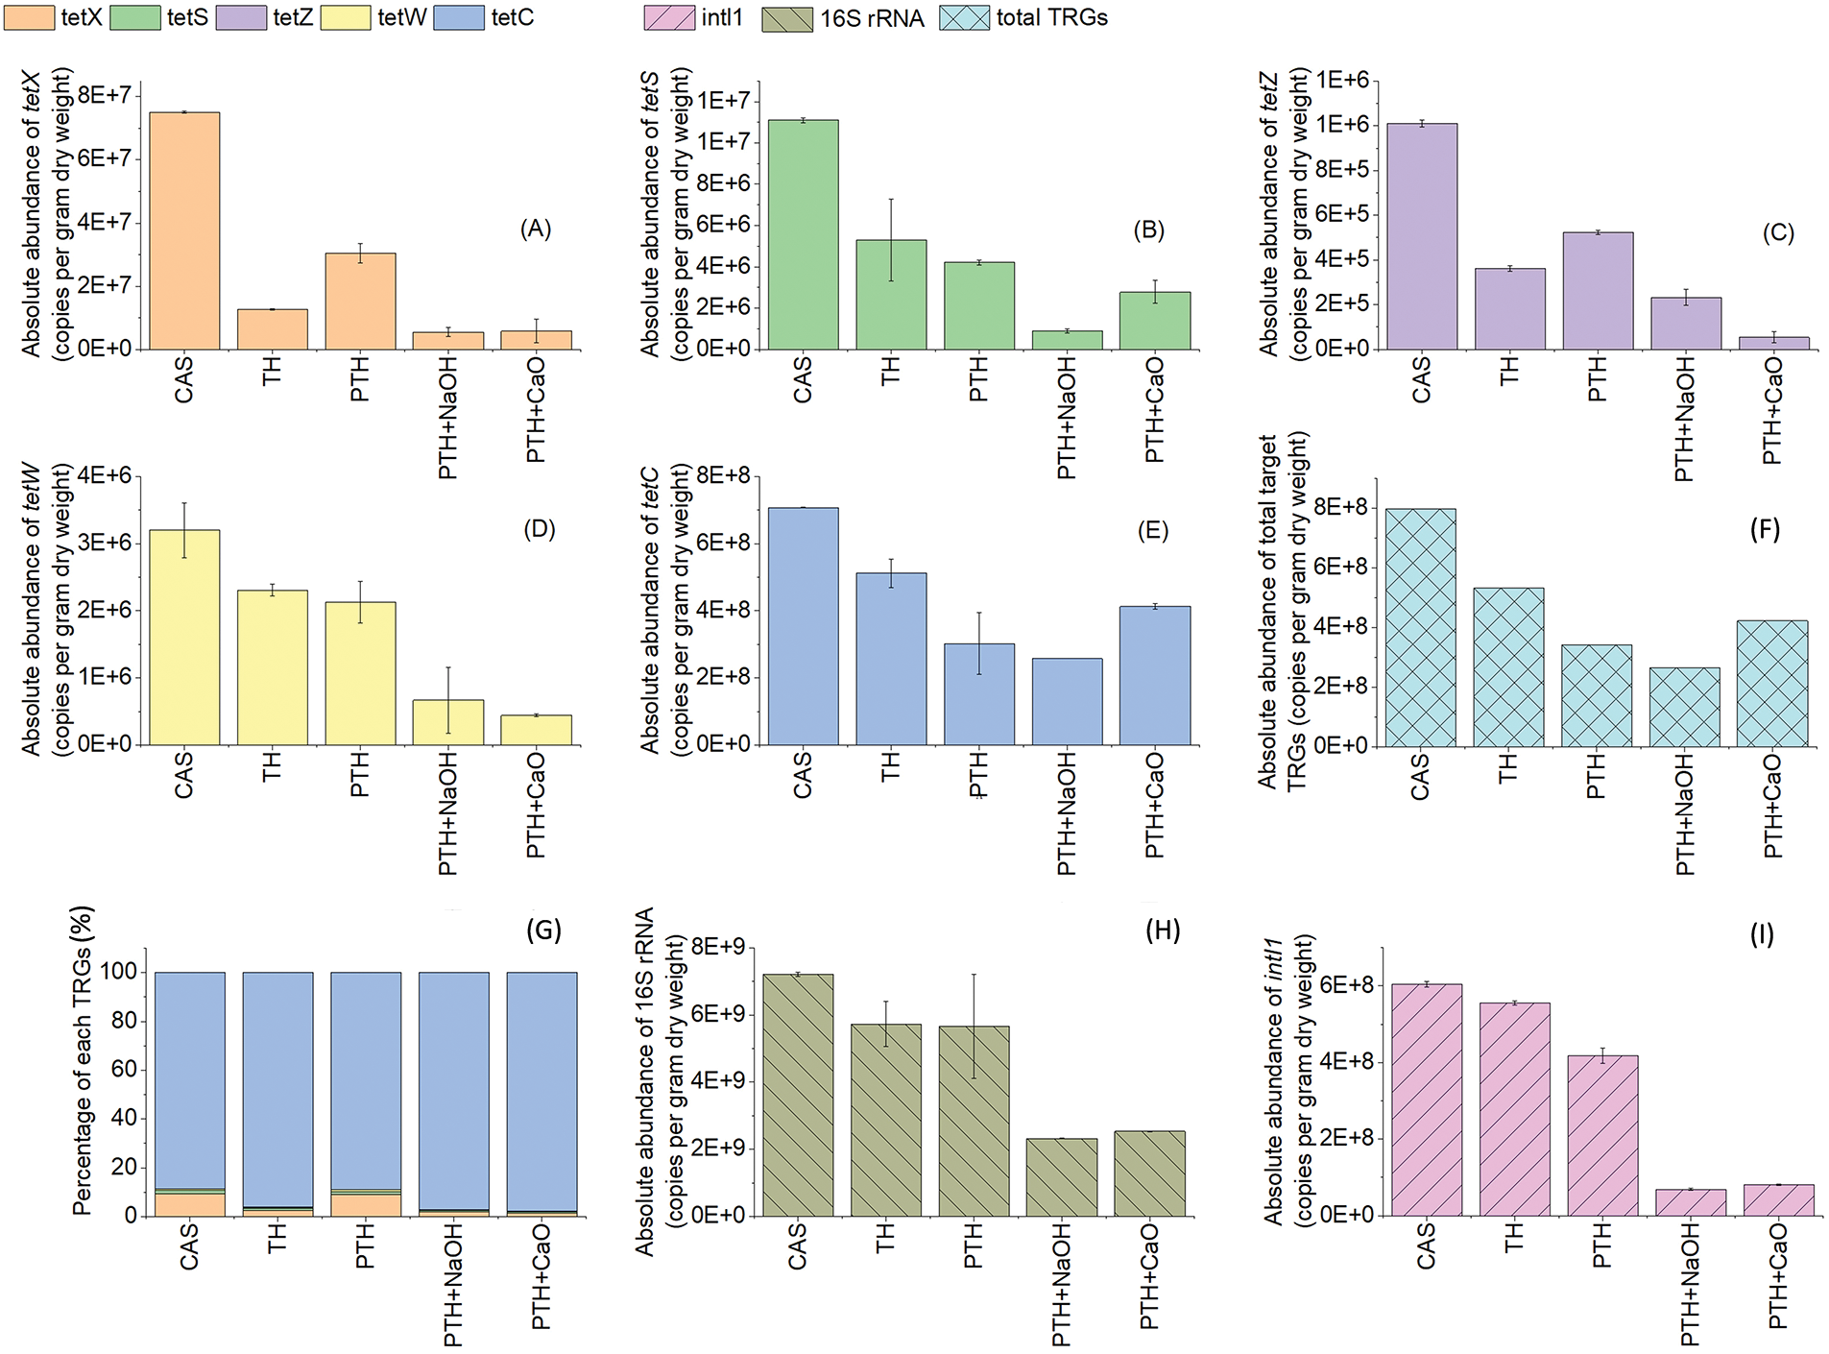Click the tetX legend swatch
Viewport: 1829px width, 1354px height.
[x=29, y=18]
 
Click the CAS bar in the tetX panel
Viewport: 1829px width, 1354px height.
[x=184, y=230]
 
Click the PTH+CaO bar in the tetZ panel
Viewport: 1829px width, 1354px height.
[x=1773, y=343]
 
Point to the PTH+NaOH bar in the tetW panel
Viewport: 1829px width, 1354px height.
[x=447, y=722]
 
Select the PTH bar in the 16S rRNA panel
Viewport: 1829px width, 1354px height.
[x=974, y=1121]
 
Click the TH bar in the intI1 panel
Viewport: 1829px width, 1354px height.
[x=1514, y=1109]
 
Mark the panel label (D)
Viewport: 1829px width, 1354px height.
[x=540, y=529]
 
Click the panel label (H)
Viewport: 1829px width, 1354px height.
[x=1162, y=930]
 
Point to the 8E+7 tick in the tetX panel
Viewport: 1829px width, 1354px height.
[x=104, y=94]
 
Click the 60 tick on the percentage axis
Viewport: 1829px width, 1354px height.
[x=124, y=1070]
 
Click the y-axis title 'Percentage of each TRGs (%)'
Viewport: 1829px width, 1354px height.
[x=84, y=1061]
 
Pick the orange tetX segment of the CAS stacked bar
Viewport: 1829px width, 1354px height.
[x=189, y=1205]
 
